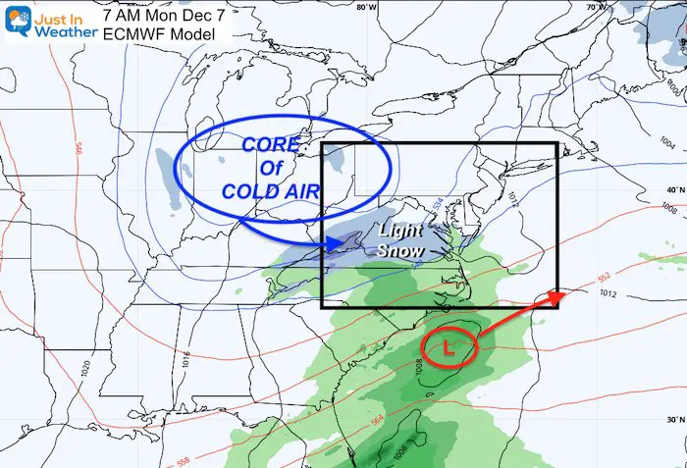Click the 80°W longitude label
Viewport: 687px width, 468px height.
coord(366,7)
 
